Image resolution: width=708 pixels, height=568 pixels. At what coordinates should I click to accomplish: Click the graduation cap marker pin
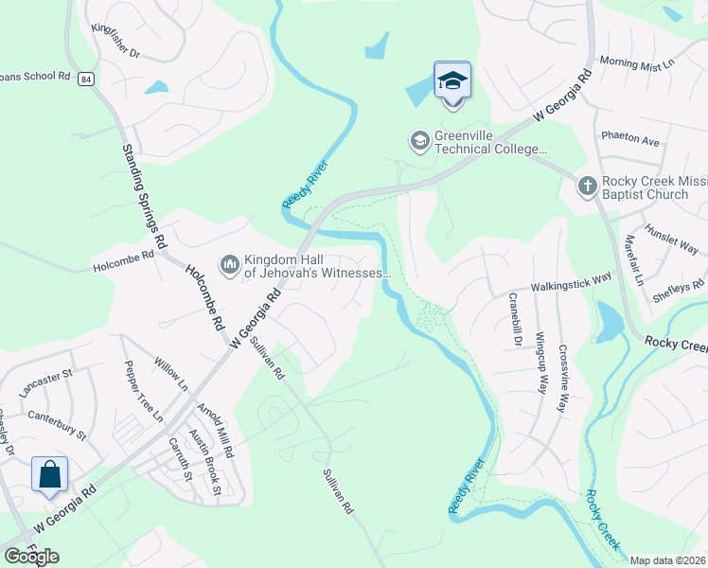click(452, 80)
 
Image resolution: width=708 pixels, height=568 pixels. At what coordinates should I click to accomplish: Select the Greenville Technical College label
click(490, 142)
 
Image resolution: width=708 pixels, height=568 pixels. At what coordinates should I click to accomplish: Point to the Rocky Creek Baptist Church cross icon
click(587, 186)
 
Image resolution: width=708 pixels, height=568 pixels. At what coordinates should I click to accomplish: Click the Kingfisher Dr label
click(115, 41)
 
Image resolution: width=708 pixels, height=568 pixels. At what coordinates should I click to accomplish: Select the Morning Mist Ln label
click(636, 62)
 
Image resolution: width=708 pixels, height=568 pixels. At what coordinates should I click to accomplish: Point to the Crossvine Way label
click(563, 377)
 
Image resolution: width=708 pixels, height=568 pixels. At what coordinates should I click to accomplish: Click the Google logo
click(31, 557)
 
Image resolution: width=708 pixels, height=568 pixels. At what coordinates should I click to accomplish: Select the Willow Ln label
click(171, 374)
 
